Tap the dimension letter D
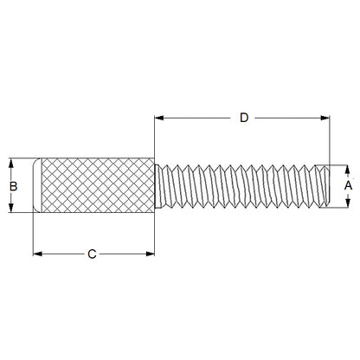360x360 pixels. [x=244, y=117]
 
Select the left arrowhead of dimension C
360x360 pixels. [x=37, y=254]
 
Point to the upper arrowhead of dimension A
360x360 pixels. [x=346, y=168]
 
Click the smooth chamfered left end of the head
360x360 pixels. [x=37, y=184]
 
